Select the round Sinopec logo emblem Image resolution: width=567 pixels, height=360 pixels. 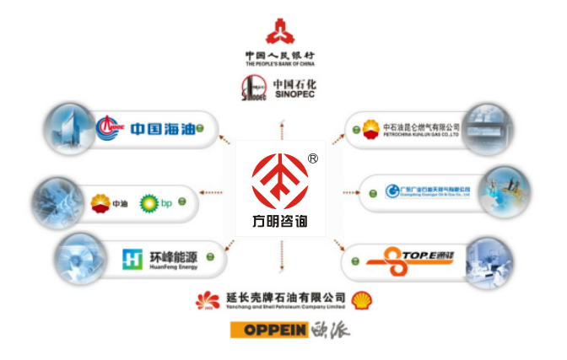point(253,89)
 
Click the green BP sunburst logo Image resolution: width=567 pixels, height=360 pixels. point(148,202)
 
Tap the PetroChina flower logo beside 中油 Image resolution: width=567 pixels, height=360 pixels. point(100,202)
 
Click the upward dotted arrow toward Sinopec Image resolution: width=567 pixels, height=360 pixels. point(280,126)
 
